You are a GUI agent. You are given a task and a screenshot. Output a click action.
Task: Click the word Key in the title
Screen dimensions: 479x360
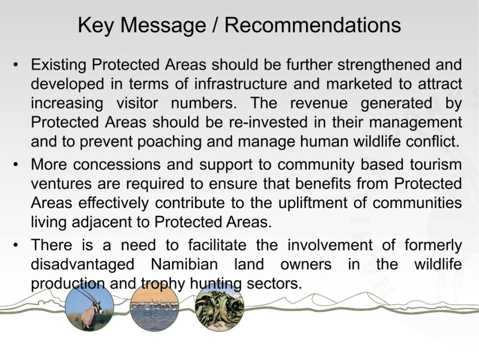pyautogui.click(x=96, y=25)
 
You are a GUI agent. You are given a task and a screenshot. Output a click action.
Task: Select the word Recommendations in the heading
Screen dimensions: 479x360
pyautogui.click(x=312, y=25)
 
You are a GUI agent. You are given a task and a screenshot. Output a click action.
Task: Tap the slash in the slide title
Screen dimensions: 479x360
pyautogui.click(x=215, y=25)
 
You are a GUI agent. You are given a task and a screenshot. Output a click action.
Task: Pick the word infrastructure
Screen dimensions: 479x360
pyautogui.click(x=240, y=84)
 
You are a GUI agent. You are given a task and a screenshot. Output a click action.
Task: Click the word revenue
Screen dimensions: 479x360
pyautogui.click(x=319, y=103)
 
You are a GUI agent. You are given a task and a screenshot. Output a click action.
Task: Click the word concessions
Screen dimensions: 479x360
pyautogui.click(x=117, y=164)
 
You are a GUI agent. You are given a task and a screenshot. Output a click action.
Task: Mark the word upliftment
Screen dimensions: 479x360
pyautogui.click(x=313, y=203)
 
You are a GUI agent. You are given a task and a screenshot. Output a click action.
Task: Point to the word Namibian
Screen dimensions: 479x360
pyautogui.click(x=184, y=264)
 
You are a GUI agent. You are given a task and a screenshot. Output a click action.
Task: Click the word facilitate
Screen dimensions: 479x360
pyautogui.click(x=217, y=245)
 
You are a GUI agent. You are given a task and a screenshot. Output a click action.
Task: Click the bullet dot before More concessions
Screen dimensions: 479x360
pyautogui.click(x=16, y=165)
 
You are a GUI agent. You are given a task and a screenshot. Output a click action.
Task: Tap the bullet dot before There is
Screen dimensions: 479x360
pyautogui.click(x=16, y=245)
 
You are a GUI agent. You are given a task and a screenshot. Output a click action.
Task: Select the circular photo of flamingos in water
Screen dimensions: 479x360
pyautogui.click(x=154, y=307)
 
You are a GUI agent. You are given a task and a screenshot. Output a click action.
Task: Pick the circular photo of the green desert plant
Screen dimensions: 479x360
pyautogui.click(x=219, y=307)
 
